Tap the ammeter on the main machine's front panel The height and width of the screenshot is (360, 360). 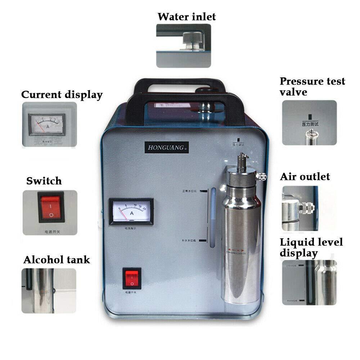(x=131, y=211)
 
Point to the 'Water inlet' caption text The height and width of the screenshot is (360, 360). (x=186, y=17)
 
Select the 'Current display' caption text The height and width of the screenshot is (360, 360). (x=62, y=95)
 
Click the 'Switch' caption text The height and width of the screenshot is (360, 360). (x=44, y=181)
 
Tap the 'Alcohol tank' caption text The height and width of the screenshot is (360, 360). (x=57, y=260)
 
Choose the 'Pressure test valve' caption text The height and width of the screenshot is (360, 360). (x=312, y=86)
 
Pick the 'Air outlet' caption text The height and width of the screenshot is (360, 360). (x=305, y=176)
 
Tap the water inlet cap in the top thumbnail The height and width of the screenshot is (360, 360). (x=190, y=39)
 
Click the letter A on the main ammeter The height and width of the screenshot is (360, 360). (x=132, y=213)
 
